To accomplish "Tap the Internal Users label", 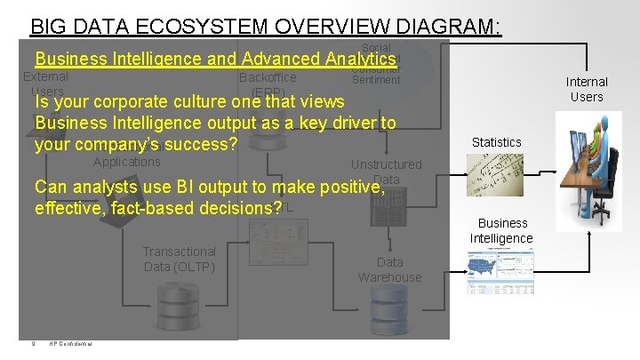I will [x=587, y=89].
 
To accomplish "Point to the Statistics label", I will [x=496, y=142].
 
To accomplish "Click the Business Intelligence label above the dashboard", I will [x=502, y=230].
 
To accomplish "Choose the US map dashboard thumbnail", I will [x=501, y=271].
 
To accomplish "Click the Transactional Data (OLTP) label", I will [x=179, y=260].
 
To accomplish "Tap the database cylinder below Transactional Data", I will [x=179, y=307].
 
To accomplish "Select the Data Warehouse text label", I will [x=389, y=269].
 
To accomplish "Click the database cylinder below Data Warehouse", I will [x=389, y=311].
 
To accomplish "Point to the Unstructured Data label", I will [x=386, y=171].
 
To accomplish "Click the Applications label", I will [x=126, y=162].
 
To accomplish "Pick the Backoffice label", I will [x=268, y=77].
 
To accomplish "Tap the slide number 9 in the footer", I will [x=32, y=345].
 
